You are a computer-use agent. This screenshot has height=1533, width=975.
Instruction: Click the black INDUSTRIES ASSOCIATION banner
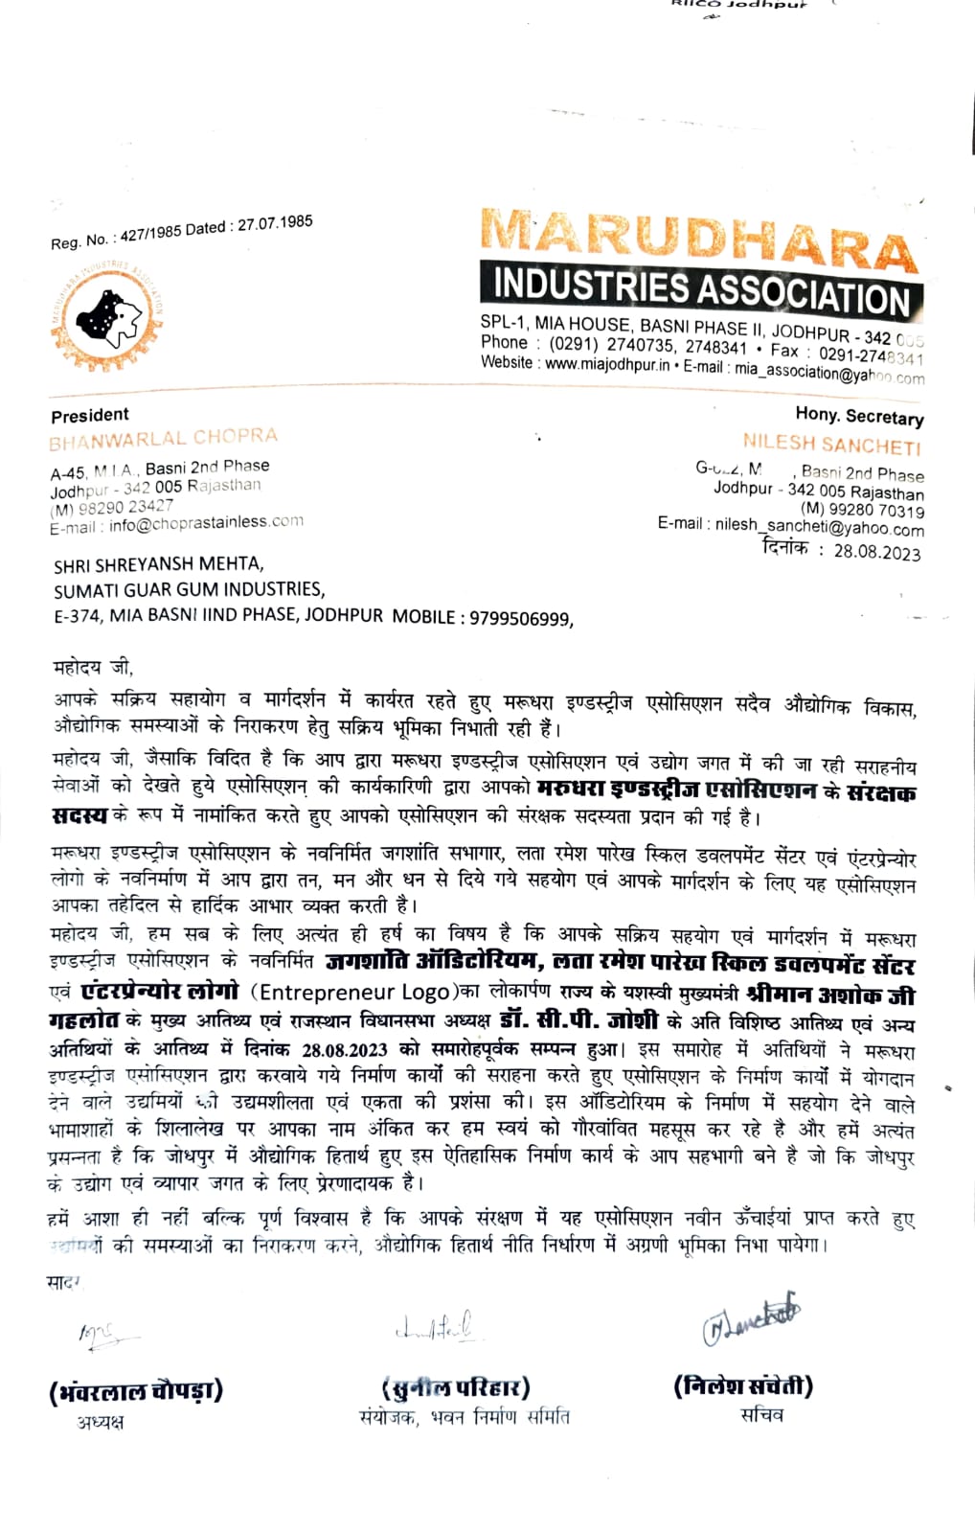701,289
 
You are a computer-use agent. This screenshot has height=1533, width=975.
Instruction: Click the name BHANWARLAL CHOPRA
163,439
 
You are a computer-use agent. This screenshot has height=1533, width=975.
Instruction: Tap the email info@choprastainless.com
206,522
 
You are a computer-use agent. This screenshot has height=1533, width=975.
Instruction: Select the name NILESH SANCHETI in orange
831,445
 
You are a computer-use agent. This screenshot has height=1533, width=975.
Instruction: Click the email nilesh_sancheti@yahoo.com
819,528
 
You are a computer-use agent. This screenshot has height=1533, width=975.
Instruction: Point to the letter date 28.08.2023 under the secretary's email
876,552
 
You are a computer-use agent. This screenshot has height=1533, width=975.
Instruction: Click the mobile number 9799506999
519,618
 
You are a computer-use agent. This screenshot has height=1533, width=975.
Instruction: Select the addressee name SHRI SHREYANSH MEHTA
158,565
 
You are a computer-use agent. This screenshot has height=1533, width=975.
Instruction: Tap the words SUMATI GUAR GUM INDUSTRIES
189,589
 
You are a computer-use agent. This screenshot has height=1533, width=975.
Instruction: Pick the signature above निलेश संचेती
751,1323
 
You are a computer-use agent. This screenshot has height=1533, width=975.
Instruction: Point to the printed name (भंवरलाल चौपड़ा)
136,1390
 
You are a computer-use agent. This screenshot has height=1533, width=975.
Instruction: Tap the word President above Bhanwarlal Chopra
90,415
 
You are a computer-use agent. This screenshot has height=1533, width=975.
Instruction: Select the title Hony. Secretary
859,416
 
